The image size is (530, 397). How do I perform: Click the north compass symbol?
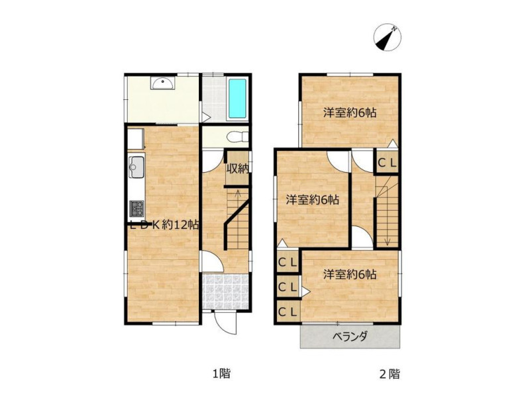(x=387, y=38)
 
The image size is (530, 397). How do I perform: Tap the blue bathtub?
(x=237, y=98)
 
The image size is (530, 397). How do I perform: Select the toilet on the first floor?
(x=238, y=137)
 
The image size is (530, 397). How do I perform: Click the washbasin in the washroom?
(x=163, y=83)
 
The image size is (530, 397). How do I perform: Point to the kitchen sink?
(x=136, y=167)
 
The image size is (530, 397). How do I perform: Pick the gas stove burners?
(x=136, y=208)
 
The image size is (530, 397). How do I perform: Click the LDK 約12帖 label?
(x=164, y=225)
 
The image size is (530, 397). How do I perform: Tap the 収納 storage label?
(x=238, y=169)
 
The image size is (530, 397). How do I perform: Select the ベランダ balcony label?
(x=350, y=337)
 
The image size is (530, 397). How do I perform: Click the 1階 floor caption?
(x=221, y=374)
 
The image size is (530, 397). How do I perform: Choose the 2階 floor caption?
(x=390, y=374)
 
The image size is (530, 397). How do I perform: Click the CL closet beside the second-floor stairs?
(x=387, y=163)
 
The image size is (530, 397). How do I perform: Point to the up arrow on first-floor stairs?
(x=238, y=196)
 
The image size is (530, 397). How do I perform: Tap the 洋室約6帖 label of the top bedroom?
(x=350, y=112)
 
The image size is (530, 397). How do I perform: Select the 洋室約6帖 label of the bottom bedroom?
(x=350, y=275)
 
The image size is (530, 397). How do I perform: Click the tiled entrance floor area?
(x=225, y=292)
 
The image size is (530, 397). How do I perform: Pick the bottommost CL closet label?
(x=288, y=312)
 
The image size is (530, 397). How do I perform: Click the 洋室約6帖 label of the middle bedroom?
(x=313, y=200)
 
